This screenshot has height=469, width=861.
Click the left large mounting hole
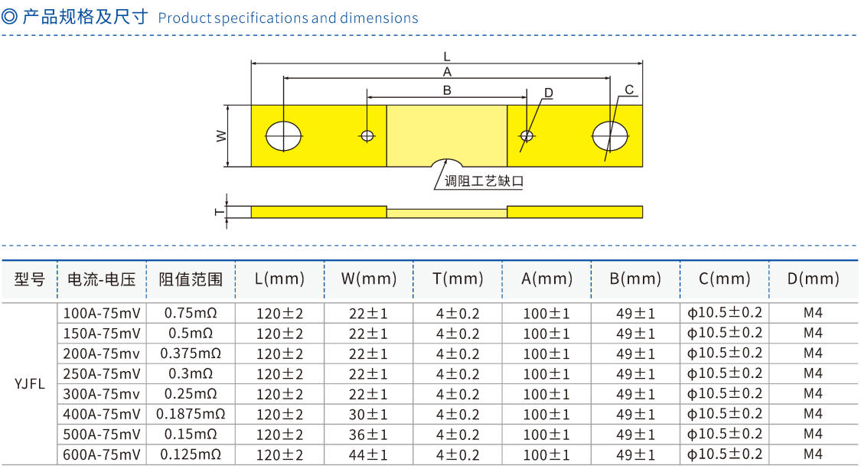coord(283,135)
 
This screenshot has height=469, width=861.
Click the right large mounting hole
coord(610,135)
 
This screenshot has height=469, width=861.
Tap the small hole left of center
coord(367,135)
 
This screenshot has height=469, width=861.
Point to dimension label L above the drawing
coord(447,57)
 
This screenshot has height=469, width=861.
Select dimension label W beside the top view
coord(220,135)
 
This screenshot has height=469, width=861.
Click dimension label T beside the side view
coord(219,212)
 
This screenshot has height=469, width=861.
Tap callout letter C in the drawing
coord(629,90)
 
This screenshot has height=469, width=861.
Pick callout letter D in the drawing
coord(549,93)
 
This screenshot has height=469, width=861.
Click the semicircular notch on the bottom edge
coord(446,162)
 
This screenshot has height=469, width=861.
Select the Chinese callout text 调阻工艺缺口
coord(484,181)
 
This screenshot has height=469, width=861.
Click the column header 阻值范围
coord(191,279)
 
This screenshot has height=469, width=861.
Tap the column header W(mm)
coord(368,279)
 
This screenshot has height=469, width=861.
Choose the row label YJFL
coord(30,383)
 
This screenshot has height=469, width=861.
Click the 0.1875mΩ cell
coord(191,414)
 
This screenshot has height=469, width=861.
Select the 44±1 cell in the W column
coord(368,454)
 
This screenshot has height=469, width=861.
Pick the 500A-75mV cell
coord(102,435)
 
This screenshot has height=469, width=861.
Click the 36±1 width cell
coord(368,435)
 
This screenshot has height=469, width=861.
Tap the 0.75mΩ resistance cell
coord(191,313)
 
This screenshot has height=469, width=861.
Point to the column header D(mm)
coord(814,279)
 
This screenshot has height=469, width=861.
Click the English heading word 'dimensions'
coord(379,18)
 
